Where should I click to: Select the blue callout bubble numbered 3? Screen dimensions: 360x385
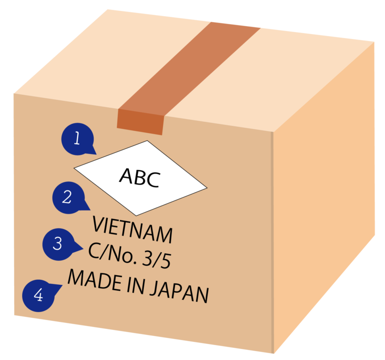coord(58,244)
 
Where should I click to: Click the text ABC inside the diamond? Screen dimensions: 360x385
coord(140,177)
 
